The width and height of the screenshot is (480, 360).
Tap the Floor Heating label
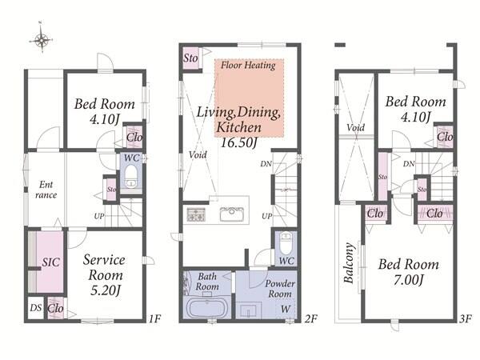(x=248, y=66)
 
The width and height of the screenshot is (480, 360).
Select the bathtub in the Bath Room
(x=206, y=308)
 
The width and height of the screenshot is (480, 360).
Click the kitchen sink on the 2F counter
(x=232, y=214)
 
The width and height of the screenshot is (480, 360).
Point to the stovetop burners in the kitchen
(x=196, y=214)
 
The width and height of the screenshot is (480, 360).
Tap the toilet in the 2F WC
(x=286, y=243)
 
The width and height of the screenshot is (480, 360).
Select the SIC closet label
(x=51, y=262)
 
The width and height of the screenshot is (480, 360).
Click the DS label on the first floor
(x=36, y=308)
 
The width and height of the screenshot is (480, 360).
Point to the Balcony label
(x=348, y=262)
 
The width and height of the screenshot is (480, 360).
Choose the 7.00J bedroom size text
(x=409, y=280)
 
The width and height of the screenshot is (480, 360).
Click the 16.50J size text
(x=238, y=142)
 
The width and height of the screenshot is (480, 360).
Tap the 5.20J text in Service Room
(x=105, y=290)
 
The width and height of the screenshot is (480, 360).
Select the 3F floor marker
(x=465, y=319)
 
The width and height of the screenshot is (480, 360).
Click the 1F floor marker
(x=155, y=318)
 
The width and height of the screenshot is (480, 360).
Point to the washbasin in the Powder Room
(x=248, y=310)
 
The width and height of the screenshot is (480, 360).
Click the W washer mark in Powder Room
(x=286, y=309)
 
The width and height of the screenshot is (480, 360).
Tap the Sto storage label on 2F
(x=190, y=58)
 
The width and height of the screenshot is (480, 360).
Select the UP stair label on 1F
(x=99, y=216)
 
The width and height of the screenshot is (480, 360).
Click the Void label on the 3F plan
(x=356, y=127)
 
